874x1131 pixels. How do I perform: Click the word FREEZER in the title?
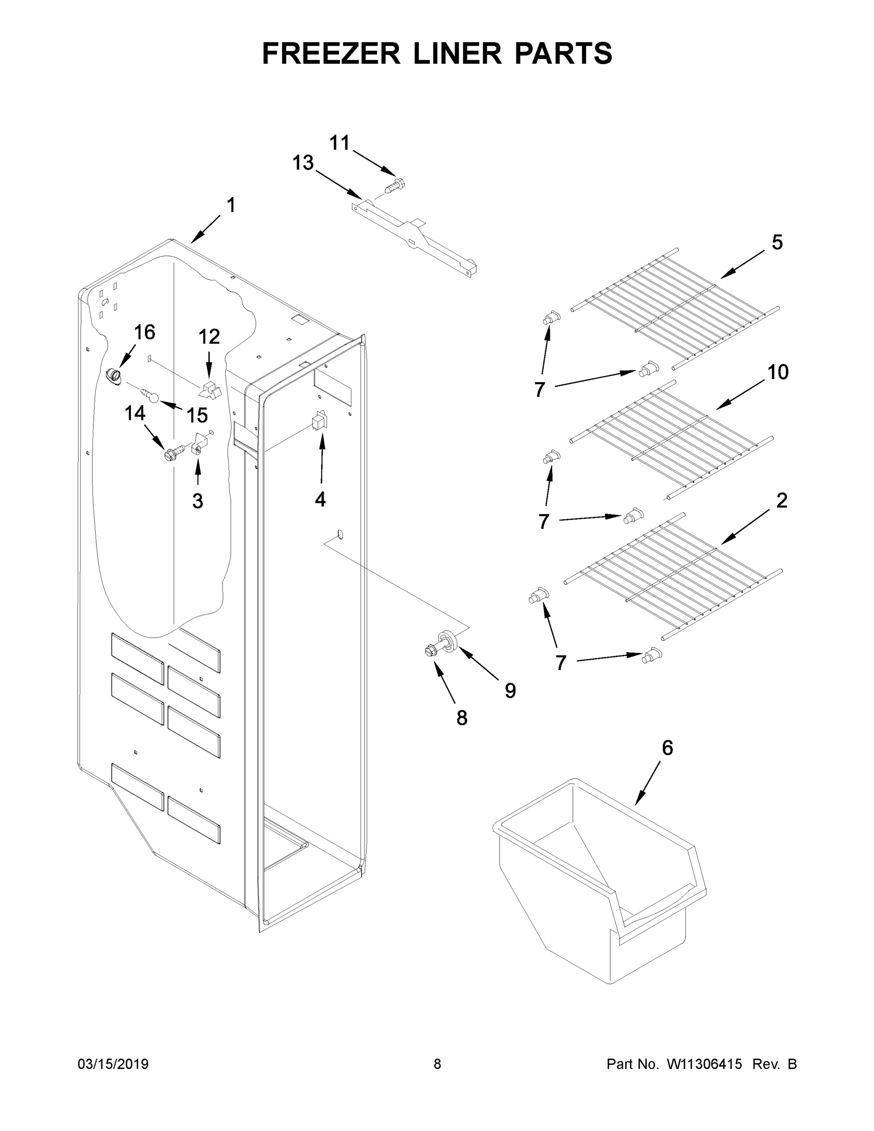click(x=331, y=53)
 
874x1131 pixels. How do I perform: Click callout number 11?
click(x=340, y=142)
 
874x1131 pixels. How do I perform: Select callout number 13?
click(x=303, y=163)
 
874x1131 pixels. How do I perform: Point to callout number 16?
click(x=145, y=332)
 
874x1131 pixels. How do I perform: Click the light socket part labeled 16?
click(x=113, y=376)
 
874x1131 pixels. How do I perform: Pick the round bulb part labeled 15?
click(x=153, y=397)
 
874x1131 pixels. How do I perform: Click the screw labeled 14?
click(x=173, y=453)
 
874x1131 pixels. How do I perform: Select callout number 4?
click(x=320, y=499)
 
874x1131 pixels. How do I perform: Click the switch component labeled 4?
click(x=319, y=420)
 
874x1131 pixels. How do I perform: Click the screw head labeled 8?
click(x=431, y=651)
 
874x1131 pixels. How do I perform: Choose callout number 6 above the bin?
click(x=668, y=748)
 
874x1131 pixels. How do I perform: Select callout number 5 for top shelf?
click(x=777, y=242)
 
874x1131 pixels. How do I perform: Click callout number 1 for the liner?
click(x=231, y=205)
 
